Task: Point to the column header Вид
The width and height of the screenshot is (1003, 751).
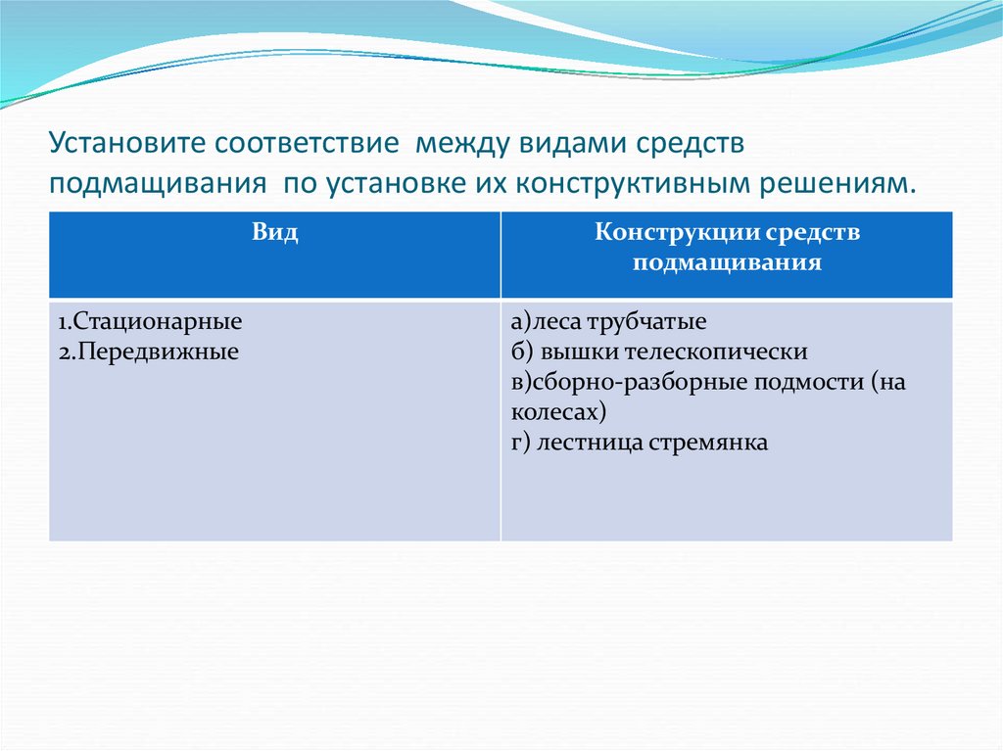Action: [275, 232]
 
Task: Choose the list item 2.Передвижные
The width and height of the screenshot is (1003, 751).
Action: [147, 351]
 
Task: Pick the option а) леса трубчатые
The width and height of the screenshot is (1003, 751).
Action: [608, 321]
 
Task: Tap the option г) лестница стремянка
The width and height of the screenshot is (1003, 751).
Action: [640, 442]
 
